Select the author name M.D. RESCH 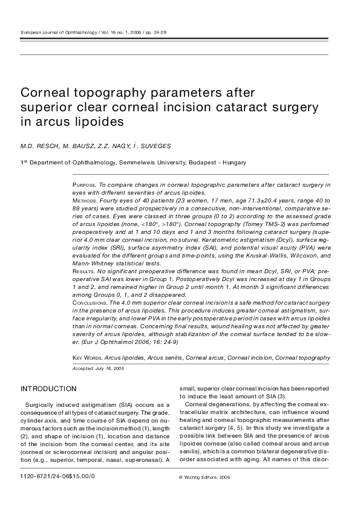(41, 146)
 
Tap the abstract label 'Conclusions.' (89, 300)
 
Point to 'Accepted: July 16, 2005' (98, 368)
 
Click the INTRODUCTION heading (48, 389)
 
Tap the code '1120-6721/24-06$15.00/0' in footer (57, 477)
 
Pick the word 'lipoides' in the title (98, 122)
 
